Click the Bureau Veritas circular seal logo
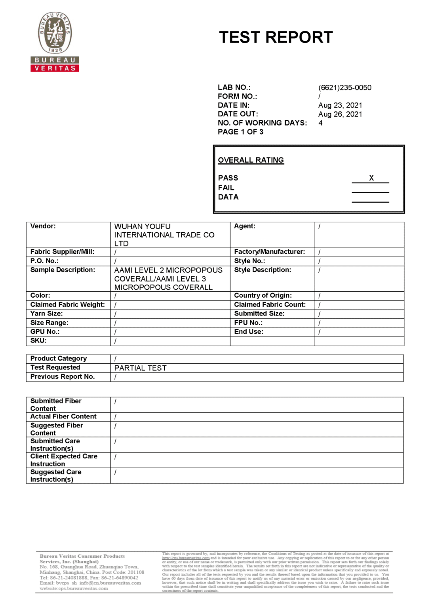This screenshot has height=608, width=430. (55, 33)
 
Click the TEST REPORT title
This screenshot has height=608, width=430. (276, 37)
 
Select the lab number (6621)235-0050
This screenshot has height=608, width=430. (344, 87)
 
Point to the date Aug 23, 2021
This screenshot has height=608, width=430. (340, 105)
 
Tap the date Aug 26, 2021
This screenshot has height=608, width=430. (340, 114)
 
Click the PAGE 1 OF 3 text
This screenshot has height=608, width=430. (240, 132)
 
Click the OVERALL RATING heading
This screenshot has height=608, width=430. (251, 160)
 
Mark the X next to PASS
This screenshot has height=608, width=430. (371, 178)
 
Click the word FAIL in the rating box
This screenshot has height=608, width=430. (226, 188)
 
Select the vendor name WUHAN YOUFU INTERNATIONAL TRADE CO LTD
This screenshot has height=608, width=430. (164, 235)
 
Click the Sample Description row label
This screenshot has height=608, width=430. (63, 270)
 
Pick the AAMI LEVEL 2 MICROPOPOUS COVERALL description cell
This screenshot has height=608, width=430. (168, 279)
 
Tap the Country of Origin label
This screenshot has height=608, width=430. (263, 295)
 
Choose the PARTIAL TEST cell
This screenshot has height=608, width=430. (141, 368)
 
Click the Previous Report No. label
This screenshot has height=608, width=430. (62, 376)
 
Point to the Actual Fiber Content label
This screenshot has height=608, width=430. (63, 416)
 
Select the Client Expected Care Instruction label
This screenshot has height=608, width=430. (64, 460)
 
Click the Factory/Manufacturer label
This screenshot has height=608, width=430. (269, 252)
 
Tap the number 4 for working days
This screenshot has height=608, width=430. (320, 123)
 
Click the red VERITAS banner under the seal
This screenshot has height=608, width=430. (55, 68)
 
